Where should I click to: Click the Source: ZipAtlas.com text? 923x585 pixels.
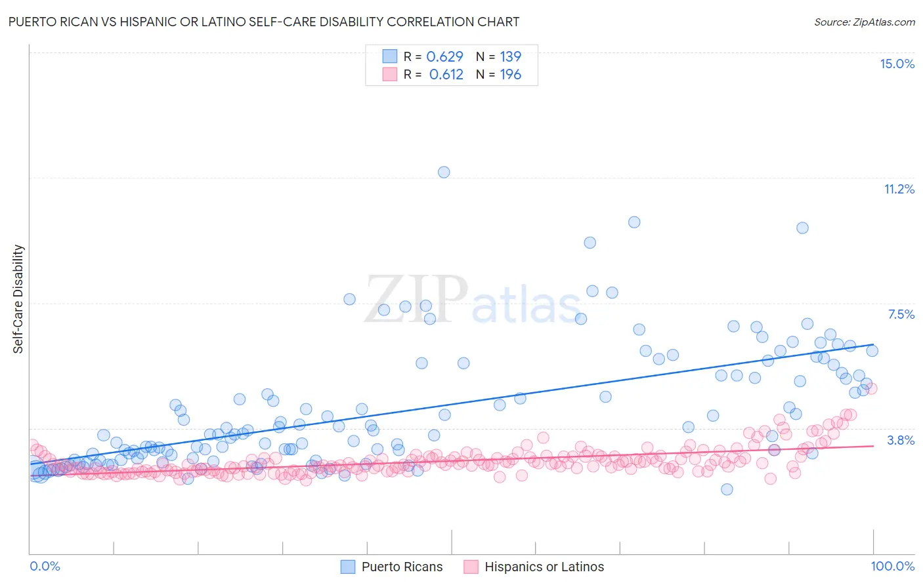click(864, 22)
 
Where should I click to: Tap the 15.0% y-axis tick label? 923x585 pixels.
click(897, 64)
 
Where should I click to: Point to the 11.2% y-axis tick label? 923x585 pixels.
click(899, 189)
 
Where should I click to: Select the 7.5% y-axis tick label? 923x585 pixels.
click(901, 314)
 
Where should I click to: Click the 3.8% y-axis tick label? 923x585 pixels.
click(901, 440)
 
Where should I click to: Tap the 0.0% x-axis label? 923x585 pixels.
click(45, 566)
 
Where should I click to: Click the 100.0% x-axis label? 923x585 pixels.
click(892, 566)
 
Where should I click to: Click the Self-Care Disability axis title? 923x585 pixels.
click(18, 299)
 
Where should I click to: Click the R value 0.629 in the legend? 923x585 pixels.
click(444, 56)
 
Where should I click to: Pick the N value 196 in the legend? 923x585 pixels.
click(510, 74)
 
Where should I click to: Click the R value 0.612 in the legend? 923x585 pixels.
click(446, 74)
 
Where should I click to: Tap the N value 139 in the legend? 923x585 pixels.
click(510, 56)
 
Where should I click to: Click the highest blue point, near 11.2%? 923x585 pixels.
click(444, 172)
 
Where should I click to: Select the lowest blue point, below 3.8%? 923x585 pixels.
click(727, 489)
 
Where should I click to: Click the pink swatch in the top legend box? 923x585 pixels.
click(390, 74)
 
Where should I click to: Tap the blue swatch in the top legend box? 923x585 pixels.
click(390, 56)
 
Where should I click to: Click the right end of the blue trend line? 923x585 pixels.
click(873, 344)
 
